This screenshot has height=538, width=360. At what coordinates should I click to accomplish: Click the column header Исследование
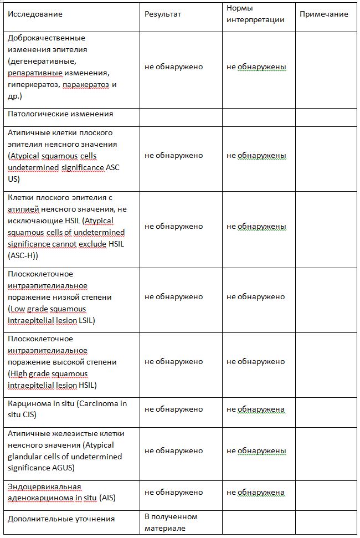click(x=35, y=14)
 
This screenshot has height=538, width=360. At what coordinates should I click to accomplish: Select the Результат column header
click(x=163, y=14)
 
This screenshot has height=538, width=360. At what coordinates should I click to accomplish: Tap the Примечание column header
click(x=323, y=14)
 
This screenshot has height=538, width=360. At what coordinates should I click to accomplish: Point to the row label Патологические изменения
click(x=60, y=114)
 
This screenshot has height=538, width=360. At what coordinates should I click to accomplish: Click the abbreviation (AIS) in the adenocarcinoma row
click(x=108, y=498)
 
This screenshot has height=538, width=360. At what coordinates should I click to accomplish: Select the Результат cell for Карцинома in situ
click(x=173, y=409)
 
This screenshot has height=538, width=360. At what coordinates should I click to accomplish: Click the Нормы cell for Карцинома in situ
click(x=255, y=409)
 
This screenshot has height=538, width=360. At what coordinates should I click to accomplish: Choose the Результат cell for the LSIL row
click(x=173, y=297)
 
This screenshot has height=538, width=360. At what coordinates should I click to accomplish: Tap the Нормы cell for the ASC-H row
click(x=256, y=227)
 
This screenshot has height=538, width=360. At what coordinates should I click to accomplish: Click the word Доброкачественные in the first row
click(x=47, y=38)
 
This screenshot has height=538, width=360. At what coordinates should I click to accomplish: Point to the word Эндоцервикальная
click(x=44, y=486)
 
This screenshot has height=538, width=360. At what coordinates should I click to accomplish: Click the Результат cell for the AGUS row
click(x=173, y=451)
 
